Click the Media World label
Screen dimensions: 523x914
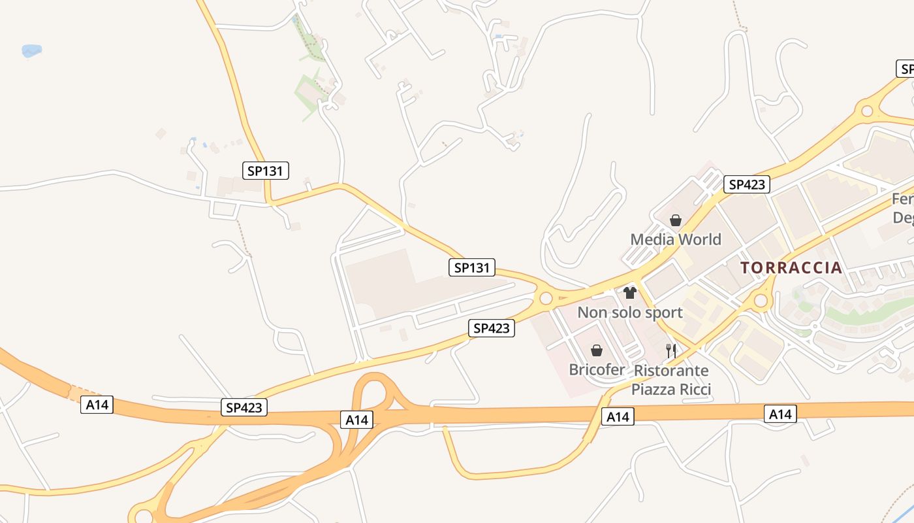click(x=676, y=239)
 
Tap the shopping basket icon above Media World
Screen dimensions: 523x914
click(x=676, y=220)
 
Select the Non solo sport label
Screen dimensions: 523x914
click(x=629, y=312)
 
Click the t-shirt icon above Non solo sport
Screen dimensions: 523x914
click(x=629, y=293)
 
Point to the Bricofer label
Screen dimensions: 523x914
click(x=597, y=369)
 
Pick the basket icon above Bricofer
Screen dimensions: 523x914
click(x=596, y=350)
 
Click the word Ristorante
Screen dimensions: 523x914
click(x=671, y=371)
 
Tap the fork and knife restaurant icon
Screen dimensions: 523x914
click(x=670, y=350)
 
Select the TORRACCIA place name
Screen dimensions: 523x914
click(x=791, y=267)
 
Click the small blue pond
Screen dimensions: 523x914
click(x=31, y=50)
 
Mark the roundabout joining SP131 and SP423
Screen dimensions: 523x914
click(x=546, y=299)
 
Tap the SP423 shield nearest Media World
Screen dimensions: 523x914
click(x=747, y=184)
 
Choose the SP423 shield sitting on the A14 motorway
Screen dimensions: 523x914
click(x=244, y=408)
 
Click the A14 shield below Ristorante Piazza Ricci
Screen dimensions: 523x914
click(x=618, y=416)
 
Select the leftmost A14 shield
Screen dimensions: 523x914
click(x=97, y=405)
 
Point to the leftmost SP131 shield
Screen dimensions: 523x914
click(x=265, y=171)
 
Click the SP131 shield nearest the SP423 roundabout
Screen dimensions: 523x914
click(x=472, y=267)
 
